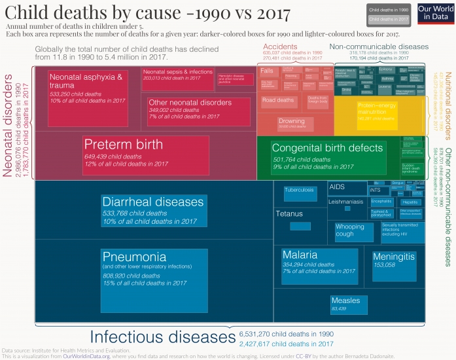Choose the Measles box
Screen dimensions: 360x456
(x=345, y=302)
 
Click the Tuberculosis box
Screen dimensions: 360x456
(x=300, y=191)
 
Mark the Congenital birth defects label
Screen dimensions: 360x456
(x=327, y=149)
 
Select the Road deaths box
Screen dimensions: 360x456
(x=277, y=100)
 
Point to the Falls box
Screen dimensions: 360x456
(x=267, y=71)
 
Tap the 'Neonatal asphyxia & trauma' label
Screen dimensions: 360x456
(x=86, y=81)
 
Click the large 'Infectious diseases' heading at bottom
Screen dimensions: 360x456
(x=162, y=337)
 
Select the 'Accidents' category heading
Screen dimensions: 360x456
(x=279, y=47)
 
